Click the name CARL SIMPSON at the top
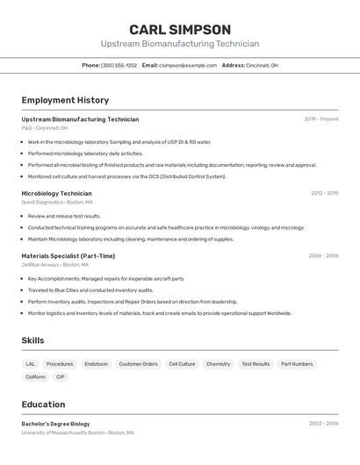[180, 29]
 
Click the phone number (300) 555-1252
[119, 65]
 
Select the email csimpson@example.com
[188, 65]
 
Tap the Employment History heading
[65, 100]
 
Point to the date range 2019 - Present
[321, 119]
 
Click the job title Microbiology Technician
[56, 193]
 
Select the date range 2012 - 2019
[324, 193]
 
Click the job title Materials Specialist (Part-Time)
[68, 256]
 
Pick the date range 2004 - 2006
[323, 256]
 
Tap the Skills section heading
[32, 340]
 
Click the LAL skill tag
[31, 363]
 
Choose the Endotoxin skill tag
[96, 363]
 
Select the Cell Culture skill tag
[182, 363]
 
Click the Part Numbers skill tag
[297, 363]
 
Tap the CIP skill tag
[61, 377]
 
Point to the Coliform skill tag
[35, 377]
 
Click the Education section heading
[43, 404]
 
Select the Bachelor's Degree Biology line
[55, 424]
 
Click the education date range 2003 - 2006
[323, 424]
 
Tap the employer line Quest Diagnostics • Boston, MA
[57, 202]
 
